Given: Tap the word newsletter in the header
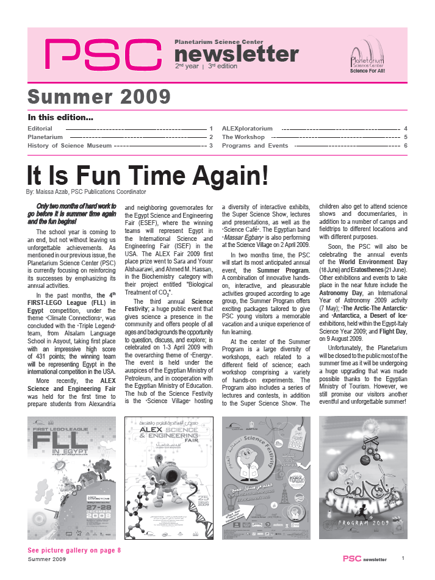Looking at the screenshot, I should [x=237, y=54].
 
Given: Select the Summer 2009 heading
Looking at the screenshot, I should [x=99, y=96].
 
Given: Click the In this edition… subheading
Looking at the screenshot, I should [x=60, y=117].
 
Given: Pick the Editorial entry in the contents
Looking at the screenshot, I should [x=40, y=129].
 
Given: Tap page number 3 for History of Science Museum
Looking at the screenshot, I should [x=210, y=146].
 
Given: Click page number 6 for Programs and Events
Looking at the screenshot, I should [x=405, y=146].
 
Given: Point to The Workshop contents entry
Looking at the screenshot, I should [x=243, y=137].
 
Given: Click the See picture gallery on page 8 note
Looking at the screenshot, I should [x=74, y=550].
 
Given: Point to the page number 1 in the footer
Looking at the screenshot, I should [x=403, y=558].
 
